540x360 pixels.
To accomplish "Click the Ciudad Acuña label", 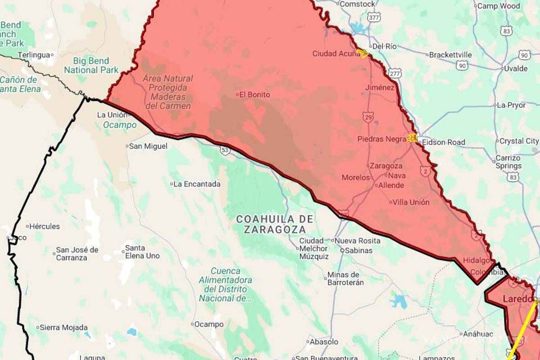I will tap(334, 54).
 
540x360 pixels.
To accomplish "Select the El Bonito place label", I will tap(255, 94).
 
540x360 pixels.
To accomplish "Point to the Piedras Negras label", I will tap(382, 139).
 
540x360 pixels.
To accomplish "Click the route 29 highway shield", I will tap(368, 118).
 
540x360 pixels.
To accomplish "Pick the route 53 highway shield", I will tap(225, 150).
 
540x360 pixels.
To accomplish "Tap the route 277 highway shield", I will tap(395, 73).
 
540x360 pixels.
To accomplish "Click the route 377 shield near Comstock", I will tap(373, 17).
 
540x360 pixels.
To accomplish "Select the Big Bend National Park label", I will tap(91, 65).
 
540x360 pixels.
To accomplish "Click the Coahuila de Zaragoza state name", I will tap(274, 224).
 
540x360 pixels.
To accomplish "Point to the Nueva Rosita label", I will tap(358, 241).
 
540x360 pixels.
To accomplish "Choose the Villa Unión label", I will tap(411, 202).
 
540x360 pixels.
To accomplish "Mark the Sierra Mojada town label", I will tap(63, 328).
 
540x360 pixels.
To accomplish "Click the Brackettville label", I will tap(450, 55).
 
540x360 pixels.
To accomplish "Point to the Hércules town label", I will tap(45, 226).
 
